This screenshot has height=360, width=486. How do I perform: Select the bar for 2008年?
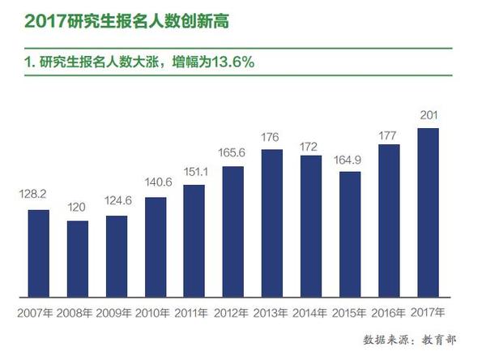click(x=78, y=257)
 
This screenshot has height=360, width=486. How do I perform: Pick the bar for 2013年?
click(x=271, y=222)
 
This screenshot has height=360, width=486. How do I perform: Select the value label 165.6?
click(x=232, y=152)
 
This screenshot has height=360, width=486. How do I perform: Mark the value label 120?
click(x=77, y=207)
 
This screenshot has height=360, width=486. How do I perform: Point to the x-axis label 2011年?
click(x=194, y=311)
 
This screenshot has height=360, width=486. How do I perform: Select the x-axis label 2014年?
click(x=310, y=311)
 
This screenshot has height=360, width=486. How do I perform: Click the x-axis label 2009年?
click(x=117, y=311)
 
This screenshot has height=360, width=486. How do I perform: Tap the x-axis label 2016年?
click(x=387, y=311)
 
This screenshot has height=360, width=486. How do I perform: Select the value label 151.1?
click(x=194, y=171)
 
